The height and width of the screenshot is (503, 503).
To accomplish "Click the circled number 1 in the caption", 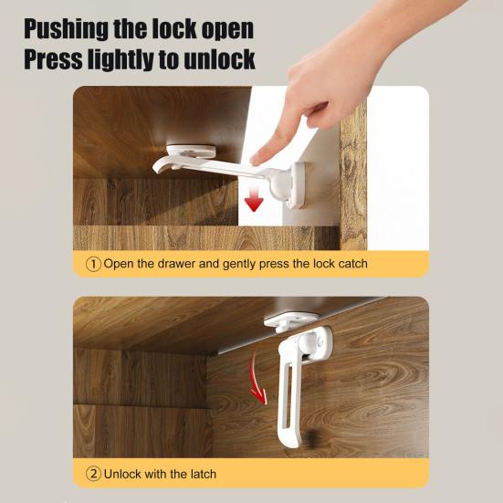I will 93,264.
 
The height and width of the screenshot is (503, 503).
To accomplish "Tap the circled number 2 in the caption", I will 93,474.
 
